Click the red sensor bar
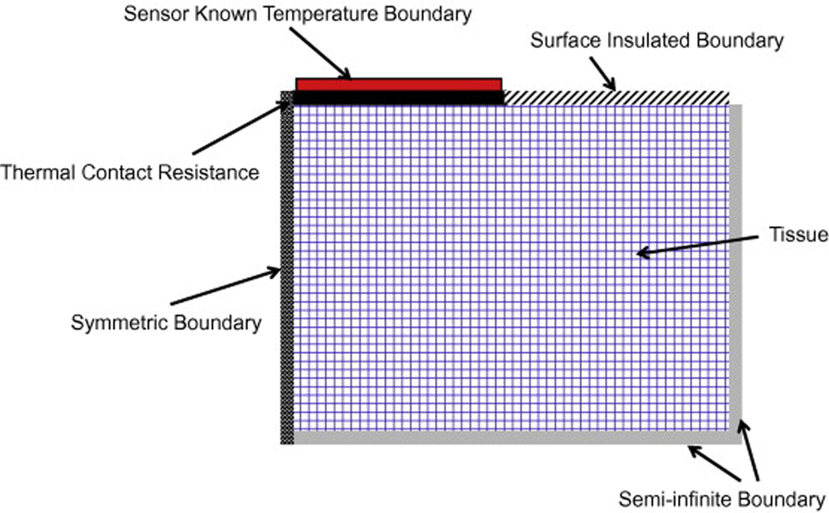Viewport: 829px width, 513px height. tap(398, 84)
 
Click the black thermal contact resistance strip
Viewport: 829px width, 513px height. tap(398, 97)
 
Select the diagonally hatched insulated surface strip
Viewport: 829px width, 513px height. tap(616, 97)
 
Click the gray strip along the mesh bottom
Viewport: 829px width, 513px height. tap(513, 437)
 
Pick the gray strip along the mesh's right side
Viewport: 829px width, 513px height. tap(736, 268)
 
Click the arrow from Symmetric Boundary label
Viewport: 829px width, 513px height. tap(225, 287)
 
